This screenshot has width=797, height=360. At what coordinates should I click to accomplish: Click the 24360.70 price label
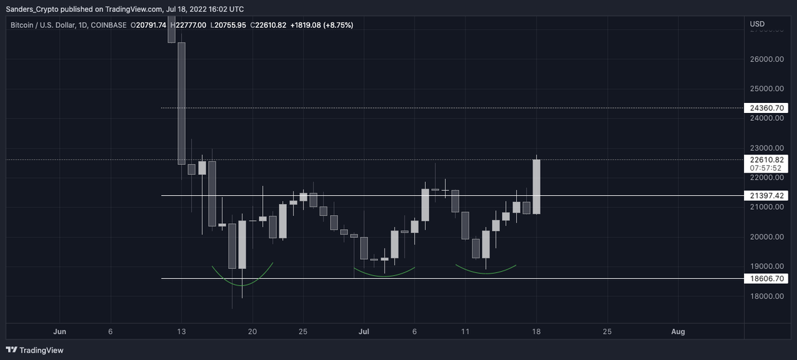pos(766,108)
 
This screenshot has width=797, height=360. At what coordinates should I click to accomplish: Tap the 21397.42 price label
pos(766,196)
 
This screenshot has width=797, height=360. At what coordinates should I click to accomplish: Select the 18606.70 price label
pos(766,278)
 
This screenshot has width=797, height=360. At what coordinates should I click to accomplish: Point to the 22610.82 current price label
pos(766,159)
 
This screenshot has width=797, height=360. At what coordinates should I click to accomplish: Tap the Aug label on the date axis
pos(678,331)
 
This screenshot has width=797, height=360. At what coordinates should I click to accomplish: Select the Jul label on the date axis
pos(364,331)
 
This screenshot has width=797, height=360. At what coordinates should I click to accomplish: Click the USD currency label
pos(758,25)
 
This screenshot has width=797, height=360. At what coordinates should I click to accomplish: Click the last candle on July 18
pos(536,187)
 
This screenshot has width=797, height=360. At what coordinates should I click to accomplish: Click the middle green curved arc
pos(384,274)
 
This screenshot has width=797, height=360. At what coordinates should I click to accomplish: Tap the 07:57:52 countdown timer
pos(766,168)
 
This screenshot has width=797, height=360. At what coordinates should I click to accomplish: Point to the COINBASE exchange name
pos(108,25)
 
